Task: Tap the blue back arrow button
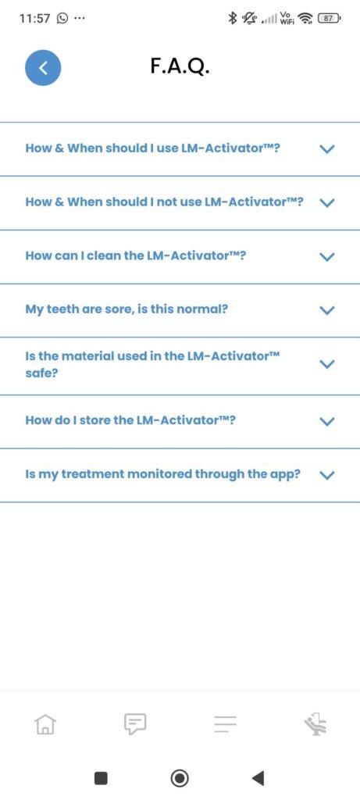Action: point(43,68)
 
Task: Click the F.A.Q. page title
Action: point(180,66)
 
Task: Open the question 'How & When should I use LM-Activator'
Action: point(153,148)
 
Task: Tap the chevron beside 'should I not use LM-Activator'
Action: point(327,202)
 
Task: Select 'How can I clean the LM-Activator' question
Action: point(136,255)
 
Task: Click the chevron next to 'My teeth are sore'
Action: point(327,309)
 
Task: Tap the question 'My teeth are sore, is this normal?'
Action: point(127,309)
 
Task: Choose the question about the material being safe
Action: point(153,364)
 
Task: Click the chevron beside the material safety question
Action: point(327,364)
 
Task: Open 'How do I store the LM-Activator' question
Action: point(130,420)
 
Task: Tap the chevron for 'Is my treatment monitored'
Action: point(327,475)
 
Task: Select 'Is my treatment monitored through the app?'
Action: point(162,474)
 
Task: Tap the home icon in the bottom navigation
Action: point(45,723)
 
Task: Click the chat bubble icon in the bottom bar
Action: point(135,723)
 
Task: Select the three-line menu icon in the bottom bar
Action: point(225,723)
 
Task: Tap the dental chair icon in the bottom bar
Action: point(315,723)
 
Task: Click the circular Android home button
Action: point(180,778)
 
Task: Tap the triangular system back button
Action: point(258,778)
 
